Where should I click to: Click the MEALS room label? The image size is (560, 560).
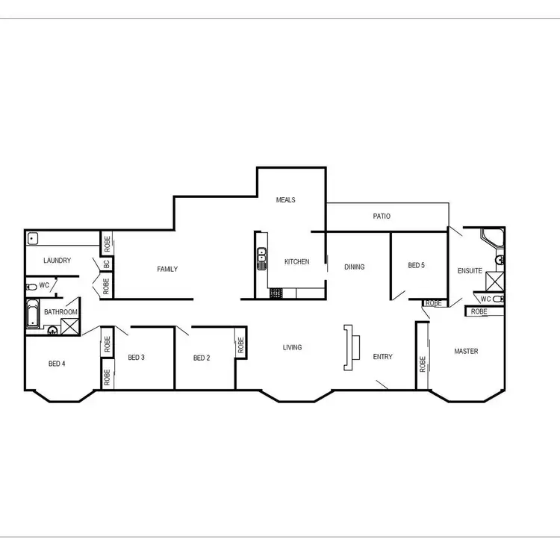[286, 200]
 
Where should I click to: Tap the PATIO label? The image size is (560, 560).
[382, 217]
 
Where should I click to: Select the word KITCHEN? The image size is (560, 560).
[296, 262]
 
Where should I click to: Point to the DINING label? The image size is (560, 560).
[354, 267]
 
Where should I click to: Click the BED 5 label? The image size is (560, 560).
[416, 265]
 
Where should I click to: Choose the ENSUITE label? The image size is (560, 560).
[470, 271]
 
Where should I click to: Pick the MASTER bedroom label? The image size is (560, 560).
[467, 351]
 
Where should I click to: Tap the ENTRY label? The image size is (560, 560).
[383, 357]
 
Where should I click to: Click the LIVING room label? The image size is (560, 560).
[292, 347]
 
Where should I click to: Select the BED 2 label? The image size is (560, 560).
[202, 358]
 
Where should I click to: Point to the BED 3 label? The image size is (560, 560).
[136, 358]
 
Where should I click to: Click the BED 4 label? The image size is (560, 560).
[57, 364]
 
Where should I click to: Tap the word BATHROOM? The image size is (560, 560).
[60, 312]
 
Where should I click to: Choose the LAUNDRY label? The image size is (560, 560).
[57, 261]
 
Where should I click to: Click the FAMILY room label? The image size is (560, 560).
[167, 270]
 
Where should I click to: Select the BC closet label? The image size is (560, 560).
[107, 264]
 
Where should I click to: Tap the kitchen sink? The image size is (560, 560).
[261, 260]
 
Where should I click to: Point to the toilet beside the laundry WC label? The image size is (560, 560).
[31, 287]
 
